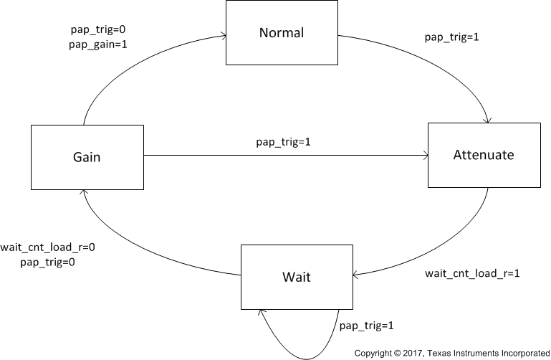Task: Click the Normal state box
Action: coord(282,33)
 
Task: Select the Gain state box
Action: coord(87,157)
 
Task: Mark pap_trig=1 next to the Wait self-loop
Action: coord(366,326)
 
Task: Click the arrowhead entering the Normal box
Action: coord(224,36)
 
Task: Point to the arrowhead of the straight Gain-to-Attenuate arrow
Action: coord(423,154)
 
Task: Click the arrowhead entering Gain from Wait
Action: coord(83,193)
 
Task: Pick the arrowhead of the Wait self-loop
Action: coord(262,312)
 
